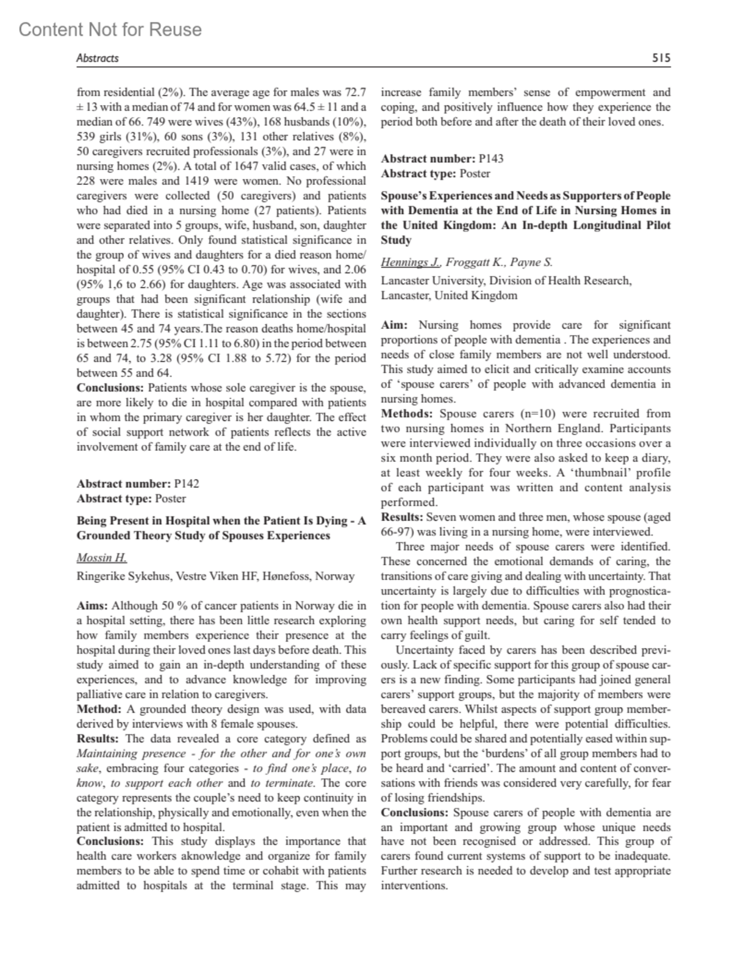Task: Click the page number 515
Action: tap(661, 59)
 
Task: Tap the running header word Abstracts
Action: tap(97, 59)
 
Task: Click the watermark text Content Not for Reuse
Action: tap(110, 29)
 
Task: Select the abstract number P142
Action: tap(187, 484)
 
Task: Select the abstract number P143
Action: tap(491, 159)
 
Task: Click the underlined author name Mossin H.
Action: tap(101, 558)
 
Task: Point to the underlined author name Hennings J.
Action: tap(411, 262)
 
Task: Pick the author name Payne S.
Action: tap(531, 262)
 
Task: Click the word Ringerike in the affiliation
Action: tap(99, 576)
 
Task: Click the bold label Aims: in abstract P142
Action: tap(92, 606)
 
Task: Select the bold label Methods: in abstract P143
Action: tap(407, 414)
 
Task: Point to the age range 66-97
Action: tap(396, 532)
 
